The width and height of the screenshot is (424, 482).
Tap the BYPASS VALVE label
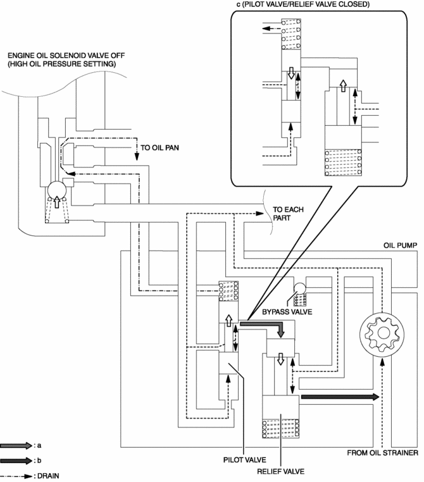click(287, 312)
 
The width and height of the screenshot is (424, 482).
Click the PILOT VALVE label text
click(244, 460)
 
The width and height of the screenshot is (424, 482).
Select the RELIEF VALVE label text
click(281, 471)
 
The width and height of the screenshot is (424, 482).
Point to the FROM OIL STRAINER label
click(382, 453)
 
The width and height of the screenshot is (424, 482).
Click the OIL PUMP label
click(401, 245)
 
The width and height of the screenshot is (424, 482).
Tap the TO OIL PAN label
click(159, 147)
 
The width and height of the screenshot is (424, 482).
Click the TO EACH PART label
click(288, 214)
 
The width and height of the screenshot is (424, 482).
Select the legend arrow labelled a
click(16, 445)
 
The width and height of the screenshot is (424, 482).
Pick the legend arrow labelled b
click(16, 460)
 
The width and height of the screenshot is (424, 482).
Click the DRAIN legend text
click(48, 476)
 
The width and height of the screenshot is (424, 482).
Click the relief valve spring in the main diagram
click(281, 428)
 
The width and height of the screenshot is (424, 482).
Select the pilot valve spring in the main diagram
click(228, 291)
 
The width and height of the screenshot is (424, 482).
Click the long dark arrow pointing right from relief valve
click(340, 397)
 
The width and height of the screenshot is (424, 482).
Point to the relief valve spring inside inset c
click(343, 163)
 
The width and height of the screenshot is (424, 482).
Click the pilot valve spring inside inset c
click(291, 34)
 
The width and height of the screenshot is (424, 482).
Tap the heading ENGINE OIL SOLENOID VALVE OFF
click(66, 56)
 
